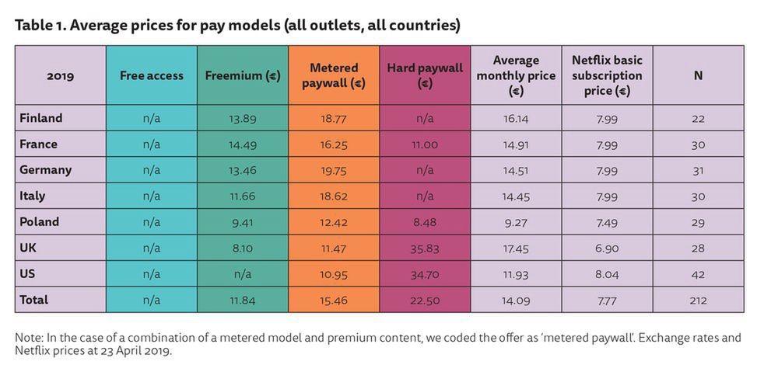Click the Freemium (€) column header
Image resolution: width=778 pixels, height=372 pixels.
click(242, 75)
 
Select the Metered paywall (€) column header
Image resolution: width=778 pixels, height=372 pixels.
click(333, 75)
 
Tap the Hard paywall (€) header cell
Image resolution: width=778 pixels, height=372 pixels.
click(424, 75)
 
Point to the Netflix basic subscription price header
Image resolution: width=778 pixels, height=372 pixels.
click(607, 75)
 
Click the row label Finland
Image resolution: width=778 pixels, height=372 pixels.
click(41, 118)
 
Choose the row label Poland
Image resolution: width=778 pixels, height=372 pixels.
click(39, 221)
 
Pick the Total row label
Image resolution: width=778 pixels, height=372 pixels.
click(34, 300)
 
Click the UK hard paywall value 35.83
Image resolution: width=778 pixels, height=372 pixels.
click(424, 249)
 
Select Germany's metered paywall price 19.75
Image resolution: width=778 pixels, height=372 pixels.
click(333, 170)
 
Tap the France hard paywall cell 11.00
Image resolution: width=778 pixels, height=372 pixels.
click(424, 144)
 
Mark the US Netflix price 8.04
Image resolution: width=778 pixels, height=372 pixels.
click(607, 274)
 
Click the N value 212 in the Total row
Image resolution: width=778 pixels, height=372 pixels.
click(698, 301)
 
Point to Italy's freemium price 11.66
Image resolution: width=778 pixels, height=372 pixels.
click(242, 196)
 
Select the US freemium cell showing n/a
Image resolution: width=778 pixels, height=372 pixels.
click(242, 274)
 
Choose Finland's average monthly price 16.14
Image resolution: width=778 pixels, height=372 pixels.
click(516, 119)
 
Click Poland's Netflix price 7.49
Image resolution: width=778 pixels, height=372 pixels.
click(607, 222)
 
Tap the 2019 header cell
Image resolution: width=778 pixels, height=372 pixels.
click(60, 75)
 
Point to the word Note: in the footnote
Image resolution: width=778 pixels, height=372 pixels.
click(29, 338)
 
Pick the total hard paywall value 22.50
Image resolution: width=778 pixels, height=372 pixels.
click(424, 301)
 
